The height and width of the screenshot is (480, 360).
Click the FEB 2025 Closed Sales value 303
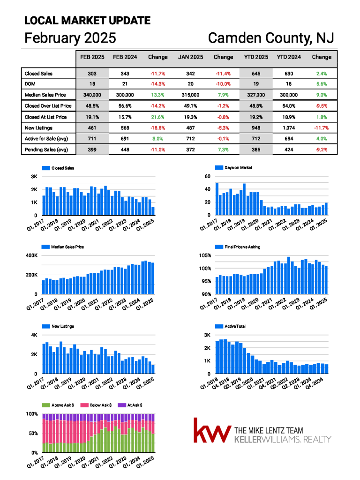click(x=92, y=74)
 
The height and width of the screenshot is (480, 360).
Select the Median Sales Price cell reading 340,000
click(x=92, y=95)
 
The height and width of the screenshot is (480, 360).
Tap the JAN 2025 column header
click(x=190, y=57)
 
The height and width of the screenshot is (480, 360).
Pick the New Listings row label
click(x=38, y=128)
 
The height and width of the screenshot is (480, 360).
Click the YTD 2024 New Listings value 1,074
click(x=289, y=128)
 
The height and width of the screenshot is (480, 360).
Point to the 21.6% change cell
click(x=157, y=117)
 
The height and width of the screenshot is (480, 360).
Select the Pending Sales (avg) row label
click(x=46, y=150)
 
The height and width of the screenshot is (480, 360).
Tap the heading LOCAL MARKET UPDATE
click(x=87, y=21)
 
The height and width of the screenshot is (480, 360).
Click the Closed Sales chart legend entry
click(x=58, y=168)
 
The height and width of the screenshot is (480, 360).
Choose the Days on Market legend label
click(x=234, y=167)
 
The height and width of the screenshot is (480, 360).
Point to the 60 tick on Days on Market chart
click(x=208, y=176)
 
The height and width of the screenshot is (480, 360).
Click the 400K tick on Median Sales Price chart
click(x=32, y=255)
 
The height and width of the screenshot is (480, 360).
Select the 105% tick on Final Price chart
click(x=205, y=255)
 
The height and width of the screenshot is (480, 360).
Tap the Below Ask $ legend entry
click(x=96, y=405)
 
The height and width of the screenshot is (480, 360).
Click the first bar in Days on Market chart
click(x=217, y=199)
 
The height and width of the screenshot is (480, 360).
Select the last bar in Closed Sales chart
click(x=153, y=211)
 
